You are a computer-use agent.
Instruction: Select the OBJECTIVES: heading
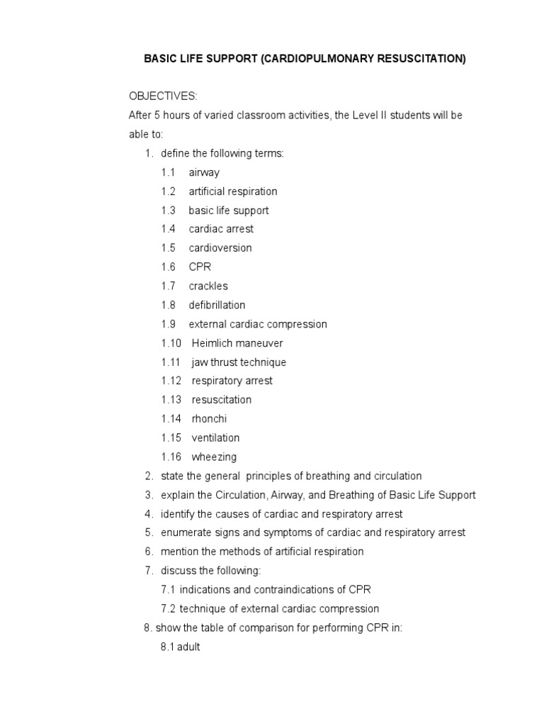point(163,96)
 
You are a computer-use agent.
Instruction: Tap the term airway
point(204,172)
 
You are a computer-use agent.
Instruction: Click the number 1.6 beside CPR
point(168,267)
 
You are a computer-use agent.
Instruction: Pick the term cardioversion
point(220,248)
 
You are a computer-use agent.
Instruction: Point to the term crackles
point(208,286)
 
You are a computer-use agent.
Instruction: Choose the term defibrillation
point(217,305)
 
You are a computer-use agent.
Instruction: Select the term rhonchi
point(209,419)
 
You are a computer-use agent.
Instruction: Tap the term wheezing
point(214,457)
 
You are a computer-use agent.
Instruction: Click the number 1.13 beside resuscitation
point(171,400)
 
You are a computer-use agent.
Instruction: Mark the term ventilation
point(215,438)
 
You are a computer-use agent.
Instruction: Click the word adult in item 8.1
point(188,647)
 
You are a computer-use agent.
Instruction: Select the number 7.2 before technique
point(169,609)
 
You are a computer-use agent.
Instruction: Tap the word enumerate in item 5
point(184,533)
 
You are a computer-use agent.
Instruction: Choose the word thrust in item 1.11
point(224,362)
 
